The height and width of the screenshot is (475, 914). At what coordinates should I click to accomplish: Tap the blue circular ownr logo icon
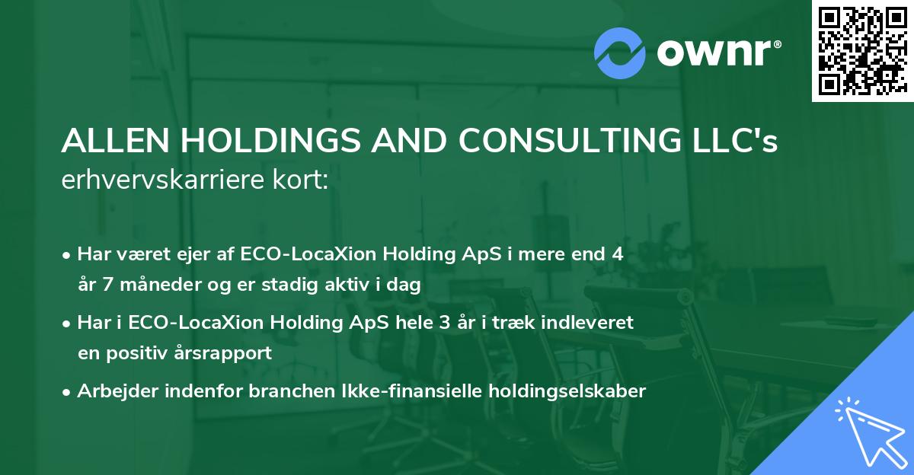coord(619,53)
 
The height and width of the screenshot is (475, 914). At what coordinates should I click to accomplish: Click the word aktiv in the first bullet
coord(357,285)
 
